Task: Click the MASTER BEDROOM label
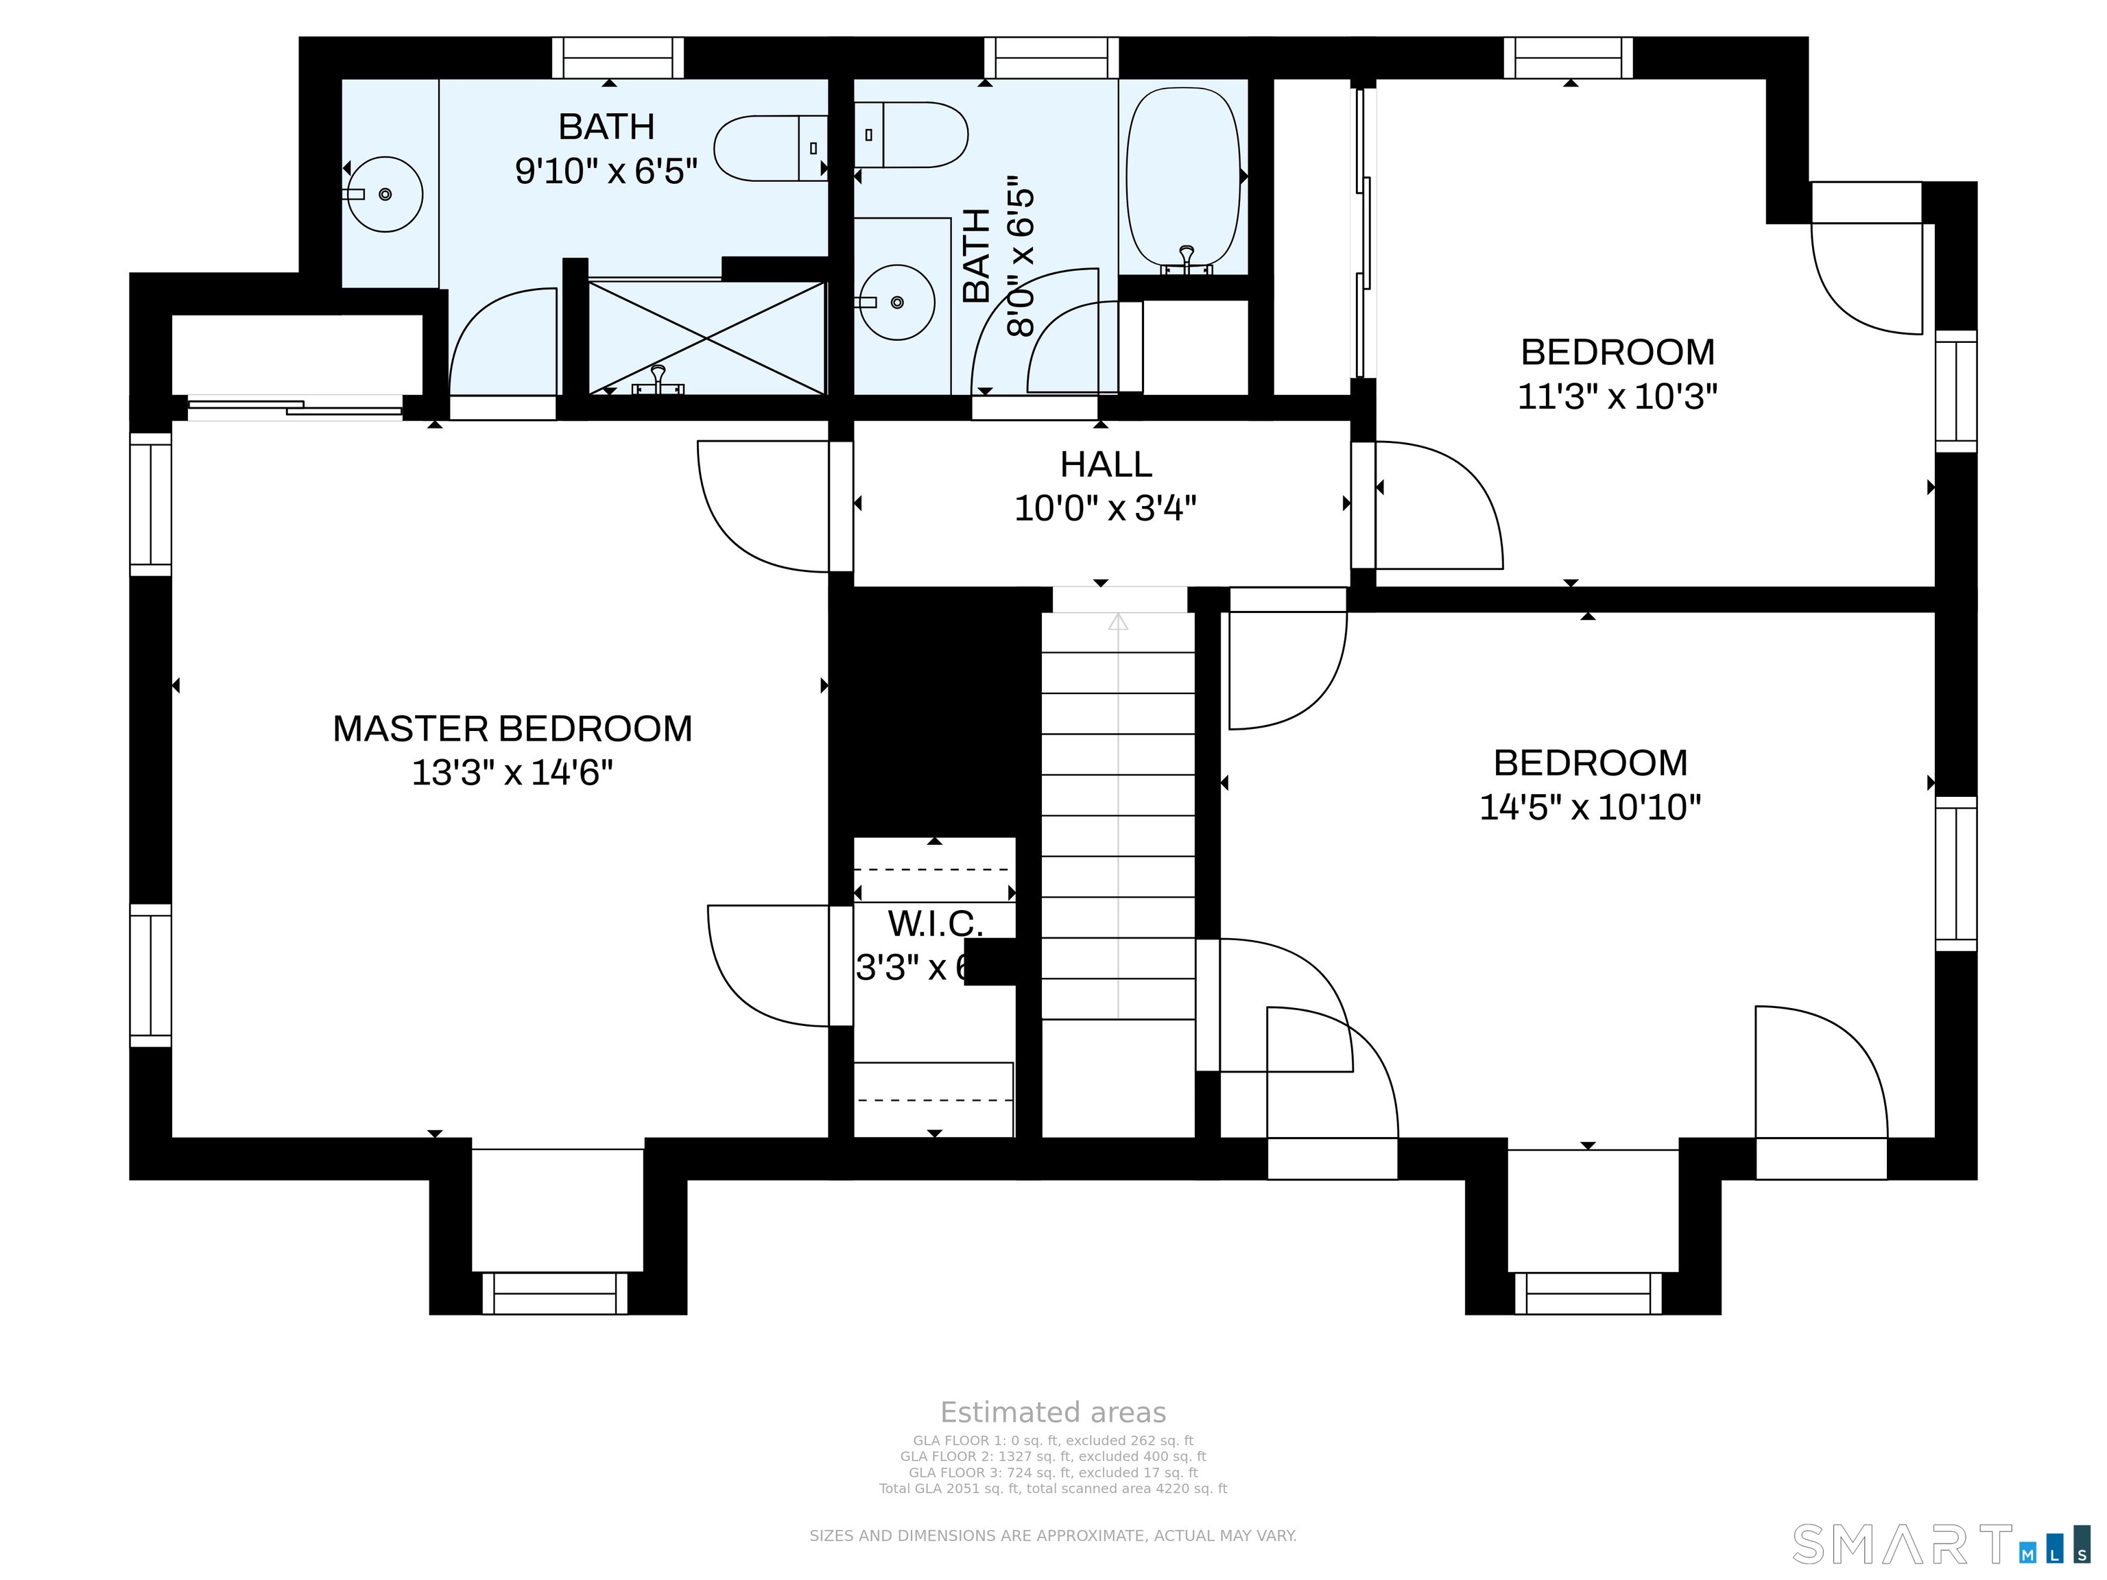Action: [x=512, y=728]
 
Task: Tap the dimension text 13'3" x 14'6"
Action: [x=512, y=772]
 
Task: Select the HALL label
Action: [x=1106, y=465]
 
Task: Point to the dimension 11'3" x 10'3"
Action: [x=1617, y=396]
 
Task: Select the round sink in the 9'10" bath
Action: [x=384, y=194]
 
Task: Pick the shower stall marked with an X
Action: [x=706, y=338]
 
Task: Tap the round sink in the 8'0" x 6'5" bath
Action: [x=896, y=302]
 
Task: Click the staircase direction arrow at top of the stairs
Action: [x=1118, y=622]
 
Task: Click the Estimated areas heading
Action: [x=1053, y=1413]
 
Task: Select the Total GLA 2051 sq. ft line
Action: [x=1053, y=1489]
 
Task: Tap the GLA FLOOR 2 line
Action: [x=1053, y=1456]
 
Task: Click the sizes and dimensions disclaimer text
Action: [x=1053, y=1535]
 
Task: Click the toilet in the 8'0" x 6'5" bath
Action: [x=914, y=135]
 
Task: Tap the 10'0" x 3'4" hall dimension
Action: [x=1105, y=509]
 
